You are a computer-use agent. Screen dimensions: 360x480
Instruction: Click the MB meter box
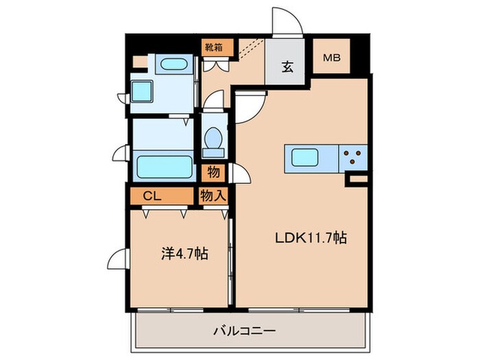pyautogui.click(x=333, y=58)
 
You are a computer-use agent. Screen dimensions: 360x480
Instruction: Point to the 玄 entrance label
pyautogui.click(x=287, y=67)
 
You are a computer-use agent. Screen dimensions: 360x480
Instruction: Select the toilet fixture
pyautogui.click(x=213, y=138)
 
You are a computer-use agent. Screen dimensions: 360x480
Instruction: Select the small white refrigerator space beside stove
pyautogui.click(x=357, y=180)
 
